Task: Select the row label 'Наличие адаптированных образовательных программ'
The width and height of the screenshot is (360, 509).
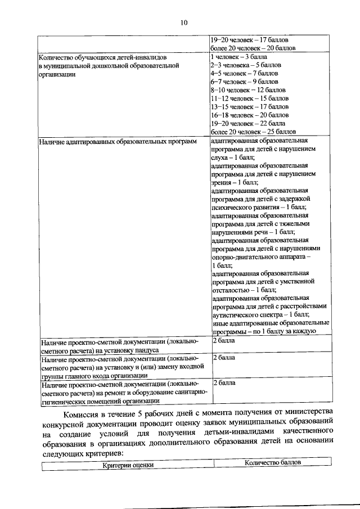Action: [x=118, y=141]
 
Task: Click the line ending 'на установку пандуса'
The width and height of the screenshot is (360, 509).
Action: [x=89, y=349]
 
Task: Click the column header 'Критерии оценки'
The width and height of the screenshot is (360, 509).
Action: [x=127, y=465]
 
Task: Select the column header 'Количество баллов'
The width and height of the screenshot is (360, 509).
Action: [x=273, y=462]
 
